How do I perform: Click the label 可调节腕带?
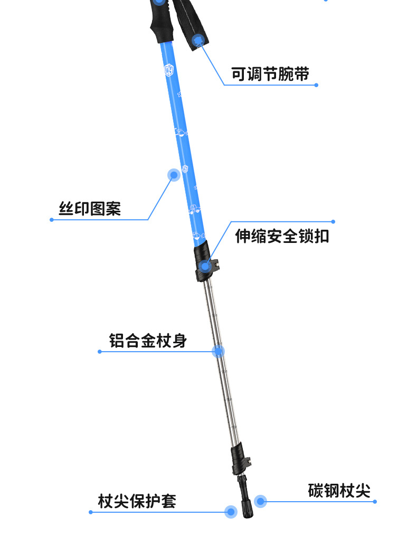point(270,73)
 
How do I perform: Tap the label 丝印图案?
point(90,209)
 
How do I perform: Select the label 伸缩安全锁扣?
point(282,236)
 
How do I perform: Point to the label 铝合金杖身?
point(148,340)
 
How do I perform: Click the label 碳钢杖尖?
point(339,491)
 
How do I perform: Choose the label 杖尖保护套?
point(137,501)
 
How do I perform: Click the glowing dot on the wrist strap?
point(198,39)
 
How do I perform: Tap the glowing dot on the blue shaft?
point(174,175)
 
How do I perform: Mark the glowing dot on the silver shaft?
point(218,351)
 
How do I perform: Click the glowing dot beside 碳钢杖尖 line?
point(260,501)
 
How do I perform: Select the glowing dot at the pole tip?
point(231,511)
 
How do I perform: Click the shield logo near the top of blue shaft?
point(169,70)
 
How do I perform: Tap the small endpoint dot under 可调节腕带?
point(316,84)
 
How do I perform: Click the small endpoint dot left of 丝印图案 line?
point(52,220)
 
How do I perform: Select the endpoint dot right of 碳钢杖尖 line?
point(375,501)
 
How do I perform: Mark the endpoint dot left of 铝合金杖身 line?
point(99,351)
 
